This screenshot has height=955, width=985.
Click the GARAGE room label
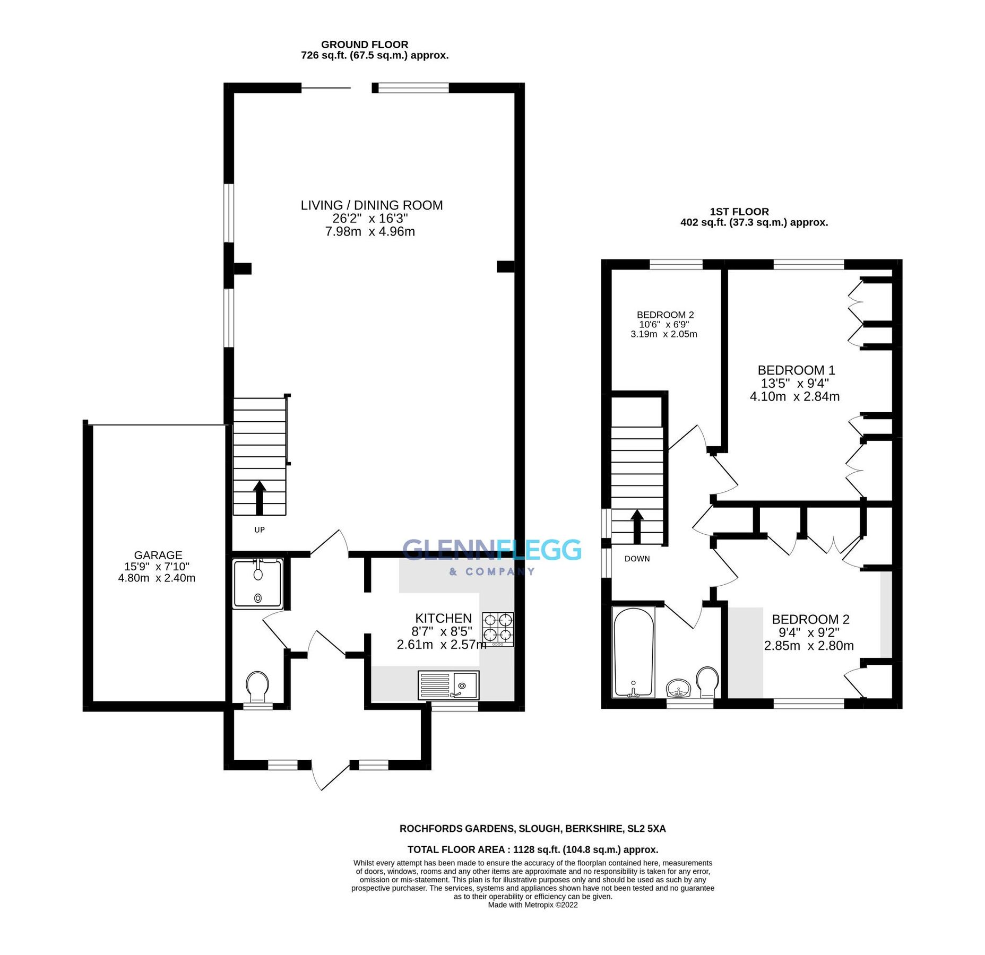(158, 555)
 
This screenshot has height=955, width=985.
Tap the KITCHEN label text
(443, 618)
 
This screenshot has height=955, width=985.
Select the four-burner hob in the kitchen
(498, 629)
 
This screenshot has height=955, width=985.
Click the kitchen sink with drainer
(448, 685)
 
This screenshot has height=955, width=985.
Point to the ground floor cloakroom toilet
(257, 686)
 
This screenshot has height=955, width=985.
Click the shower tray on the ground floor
(258, 583)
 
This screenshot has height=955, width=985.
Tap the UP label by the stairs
(259, 529)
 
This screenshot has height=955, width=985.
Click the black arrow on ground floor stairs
(259, 497)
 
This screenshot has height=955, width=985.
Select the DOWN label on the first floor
(637, 559)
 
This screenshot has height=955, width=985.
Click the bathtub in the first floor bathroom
(633, 652)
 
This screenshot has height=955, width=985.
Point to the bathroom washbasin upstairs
(678, 688)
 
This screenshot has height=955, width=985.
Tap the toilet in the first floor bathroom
(707, 682)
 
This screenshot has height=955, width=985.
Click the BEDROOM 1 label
(796, 370)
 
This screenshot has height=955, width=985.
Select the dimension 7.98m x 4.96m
(370, 231)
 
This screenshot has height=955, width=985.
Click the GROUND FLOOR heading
(365, 45)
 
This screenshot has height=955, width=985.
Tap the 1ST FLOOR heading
(739, 212)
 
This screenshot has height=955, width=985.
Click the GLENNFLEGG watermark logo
(491, 550)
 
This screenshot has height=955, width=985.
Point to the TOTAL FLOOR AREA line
(532, 849)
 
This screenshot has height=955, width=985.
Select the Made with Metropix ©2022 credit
(532, 905)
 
